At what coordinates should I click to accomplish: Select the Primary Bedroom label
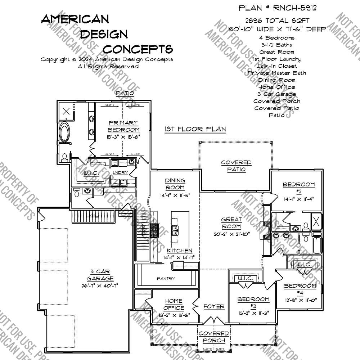[x=123, y=126]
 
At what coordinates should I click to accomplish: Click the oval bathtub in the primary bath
[x=66, y=132]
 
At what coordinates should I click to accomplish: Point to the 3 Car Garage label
[x=100, y=275]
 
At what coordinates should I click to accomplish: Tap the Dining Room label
[x=175, y=184]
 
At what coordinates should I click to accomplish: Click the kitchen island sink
[x=175, y=230]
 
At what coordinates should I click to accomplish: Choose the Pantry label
[x=166, y=278]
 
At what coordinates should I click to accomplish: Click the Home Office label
[x=174, y=304]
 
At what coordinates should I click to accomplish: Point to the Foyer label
[x=214, y=307]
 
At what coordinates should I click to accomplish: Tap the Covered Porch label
[x=214, y=337]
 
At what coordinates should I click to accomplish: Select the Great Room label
[x=231, y=223]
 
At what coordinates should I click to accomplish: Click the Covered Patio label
[x=236, y=166]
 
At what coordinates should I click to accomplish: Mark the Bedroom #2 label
[x=298, y=188]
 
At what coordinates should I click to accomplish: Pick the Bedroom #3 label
[x=253, y=302]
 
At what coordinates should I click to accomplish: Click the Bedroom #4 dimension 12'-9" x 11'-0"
[x=300, y=300]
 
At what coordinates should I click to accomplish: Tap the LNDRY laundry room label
[x=120, y=173]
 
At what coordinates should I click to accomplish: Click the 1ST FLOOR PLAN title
[x=195, y=129]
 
